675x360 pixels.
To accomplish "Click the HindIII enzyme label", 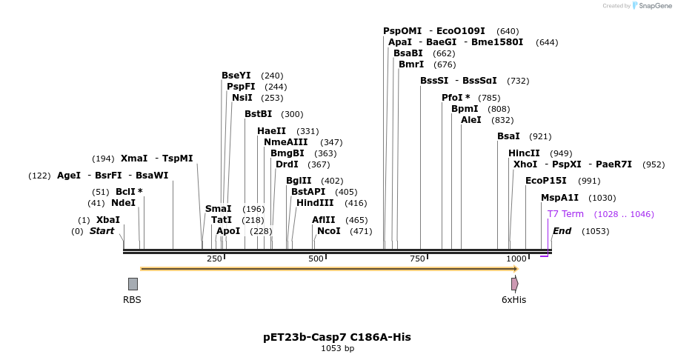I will point(315,203).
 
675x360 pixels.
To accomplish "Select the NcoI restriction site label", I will point(329,231).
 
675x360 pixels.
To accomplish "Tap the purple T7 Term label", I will point(565,214).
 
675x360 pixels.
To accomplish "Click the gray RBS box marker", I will point(133,284).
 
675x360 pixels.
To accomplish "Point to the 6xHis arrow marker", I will point(514,284).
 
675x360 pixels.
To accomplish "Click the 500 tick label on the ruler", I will point(316,259).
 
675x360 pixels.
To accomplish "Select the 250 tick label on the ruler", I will point(214,259).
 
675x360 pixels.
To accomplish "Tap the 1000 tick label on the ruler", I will point(516,259).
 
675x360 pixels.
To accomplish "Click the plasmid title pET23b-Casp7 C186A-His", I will point(337,337).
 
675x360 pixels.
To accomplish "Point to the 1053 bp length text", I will point(337,348).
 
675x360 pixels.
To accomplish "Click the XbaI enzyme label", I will point(108,220).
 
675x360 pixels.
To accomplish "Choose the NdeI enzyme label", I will point(124,203).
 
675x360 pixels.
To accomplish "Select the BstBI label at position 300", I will point(258,114).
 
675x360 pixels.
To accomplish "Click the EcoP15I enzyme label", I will point(546,181).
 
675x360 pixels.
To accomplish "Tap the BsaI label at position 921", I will point(508,136).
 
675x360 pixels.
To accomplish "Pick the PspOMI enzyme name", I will point(402,31).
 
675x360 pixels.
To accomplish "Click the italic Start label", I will point(102,231).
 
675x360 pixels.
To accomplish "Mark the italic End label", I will point(562,231).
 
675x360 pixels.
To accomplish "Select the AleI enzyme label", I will point(471,120).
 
